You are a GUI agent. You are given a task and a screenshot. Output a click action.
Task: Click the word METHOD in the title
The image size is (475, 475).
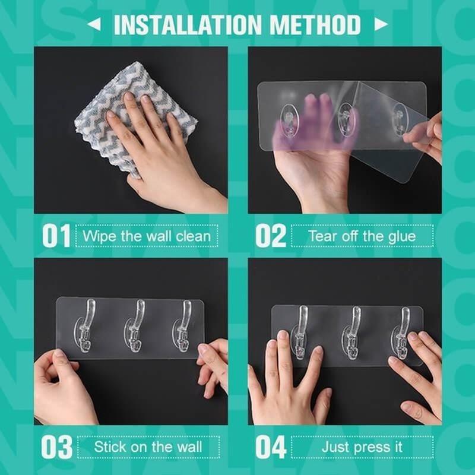(315, 25)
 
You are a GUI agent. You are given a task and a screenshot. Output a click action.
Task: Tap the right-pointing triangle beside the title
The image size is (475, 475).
(381, 25)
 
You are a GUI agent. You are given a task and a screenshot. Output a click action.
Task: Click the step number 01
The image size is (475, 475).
(56, 236)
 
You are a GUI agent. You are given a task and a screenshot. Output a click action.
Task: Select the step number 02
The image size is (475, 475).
(271, 236)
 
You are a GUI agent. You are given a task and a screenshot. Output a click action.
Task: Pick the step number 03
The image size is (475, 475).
(56, 447)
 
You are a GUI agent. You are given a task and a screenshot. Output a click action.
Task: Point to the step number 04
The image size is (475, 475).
(271, 447)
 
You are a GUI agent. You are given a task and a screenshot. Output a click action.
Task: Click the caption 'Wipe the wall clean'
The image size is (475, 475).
(146, 236)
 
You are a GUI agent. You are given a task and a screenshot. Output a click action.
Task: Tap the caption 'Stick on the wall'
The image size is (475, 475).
(148, 447)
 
